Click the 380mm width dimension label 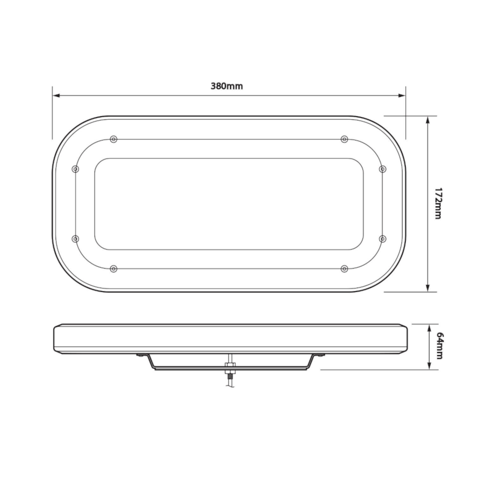(226, 86)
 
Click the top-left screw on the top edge (113, 139)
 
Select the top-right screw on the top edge (344, 139)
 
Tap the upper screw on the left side (75, 169)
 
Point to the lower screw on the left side (75, 239)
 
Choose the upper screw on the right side (383, 169)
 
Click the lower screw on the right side (383, 239)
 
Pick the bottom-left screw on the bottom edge (113, 269)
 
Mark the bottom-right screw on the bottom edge (344, 269)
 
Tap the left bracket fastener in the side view (141, 355)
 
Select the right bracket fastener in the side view (320, 355)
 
